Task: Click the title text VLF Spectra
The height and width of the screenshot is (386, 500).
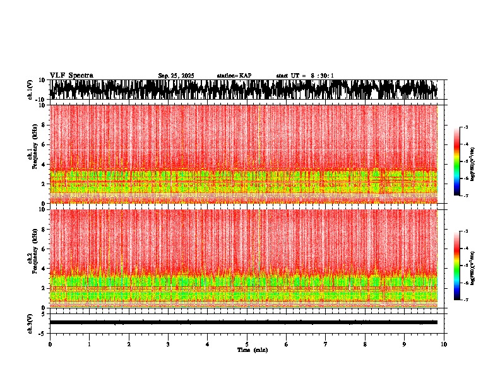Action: (x=71, y=76)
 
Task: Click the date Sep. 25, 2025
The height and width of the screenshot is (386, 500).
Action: (x=176, y=76)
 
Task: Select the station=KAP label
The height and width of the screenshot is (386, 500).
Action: (x=234, y=76)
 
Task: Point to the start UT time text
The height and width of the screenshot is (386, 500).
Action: (x=305, y=76)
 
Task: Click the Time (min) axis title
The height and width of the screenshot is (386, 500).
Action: (x=252, y=350)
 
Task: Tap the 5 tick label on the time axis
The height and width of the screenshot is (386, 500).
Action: (x=247, y=344)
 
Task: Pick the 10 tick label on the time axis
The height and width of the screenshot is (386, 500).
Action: (x=444, y=344)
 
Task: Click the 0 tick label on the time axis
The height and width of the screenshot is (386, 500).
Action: (x=50, y=344)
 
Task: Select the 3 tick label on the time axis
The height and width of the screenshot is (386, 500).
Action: (x=168, y=344)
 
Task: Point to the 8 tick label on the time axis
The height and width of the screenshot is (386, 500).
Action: (x=365, y=344)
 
